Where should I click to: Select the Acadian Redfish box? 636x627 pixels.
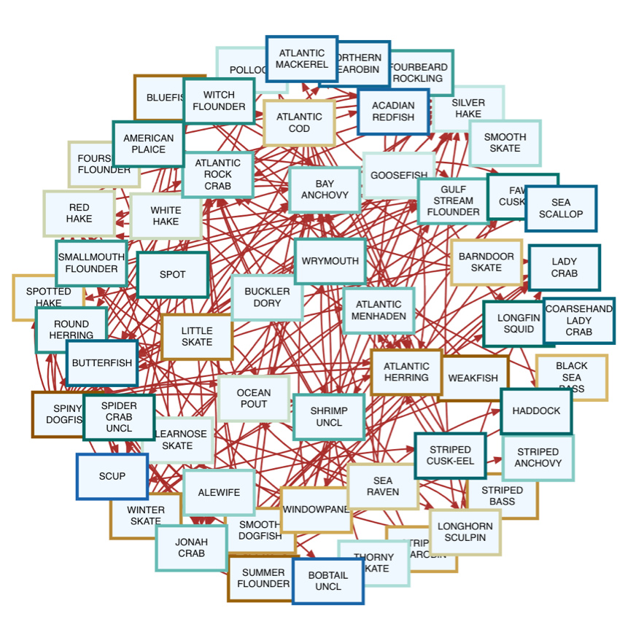point(393,112)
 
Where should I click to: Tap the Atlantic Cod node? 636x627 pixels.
point(299,122)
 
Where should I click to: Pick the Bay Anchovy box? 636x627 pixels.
point(325,190)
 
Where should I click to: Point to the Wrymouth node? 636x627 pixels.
point(330,261)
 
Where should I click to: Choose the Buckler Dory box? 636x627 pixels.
point(267,297)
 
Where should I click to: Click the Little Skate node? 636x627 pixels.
point(197,337)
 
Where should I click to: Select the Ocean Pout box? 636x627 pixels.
point(254,398)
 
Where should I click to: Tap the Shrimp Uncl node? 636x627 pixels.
point(329,417)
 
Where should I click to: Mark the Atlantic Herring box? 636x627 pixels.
point(406,372)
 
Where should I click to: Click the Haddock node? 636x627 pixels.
point(536,411)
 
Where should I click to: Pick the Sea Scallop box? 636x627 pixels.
point(561,209)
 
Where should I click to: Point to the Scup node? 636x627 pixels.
point(112,476)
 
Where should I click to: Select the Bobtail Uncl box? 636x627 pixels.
point(327,581)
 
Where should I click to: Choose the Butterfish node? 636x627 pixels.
point(102,363)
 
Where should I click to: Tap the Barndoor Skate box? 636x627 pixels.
point(486,262)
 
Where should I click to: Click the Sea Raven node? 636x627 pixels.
point(383,486)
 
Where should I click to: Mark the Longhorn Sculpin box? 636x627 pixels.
point(465,531)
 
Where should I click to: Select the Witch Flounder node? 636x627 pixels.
point(219,101)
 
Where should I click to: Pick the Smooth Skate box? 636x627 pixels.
point(505,143)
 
